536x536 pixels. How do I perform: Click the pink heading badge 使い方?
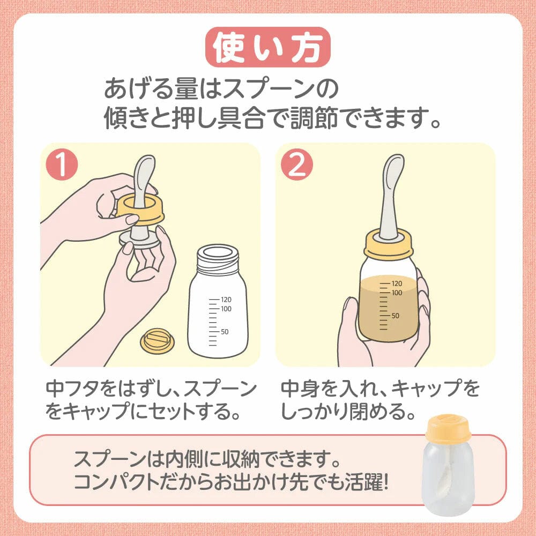268,47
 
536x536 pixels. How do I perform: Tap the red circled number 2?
297,165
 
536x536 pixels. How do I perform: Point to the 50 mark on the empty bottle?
225,332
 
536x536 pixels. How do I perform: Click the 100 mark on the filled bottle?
397,293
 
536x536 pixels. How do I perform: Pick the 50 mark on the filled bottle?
395,315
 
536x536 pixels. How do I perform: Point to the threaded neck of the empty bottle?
218,261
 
